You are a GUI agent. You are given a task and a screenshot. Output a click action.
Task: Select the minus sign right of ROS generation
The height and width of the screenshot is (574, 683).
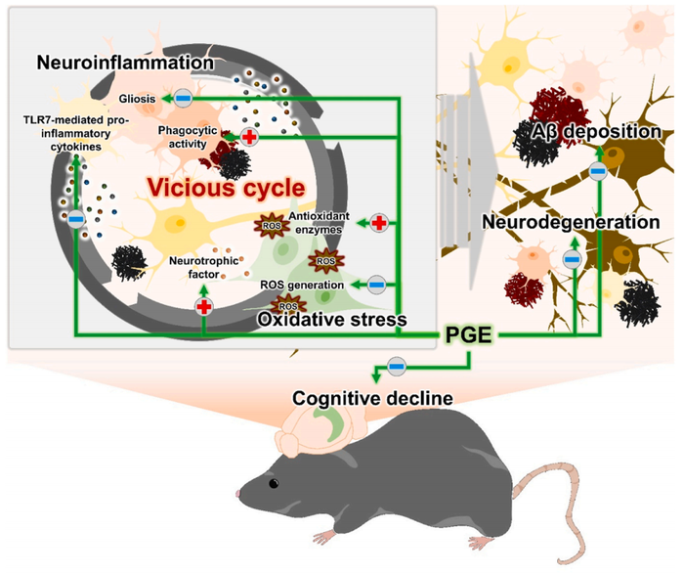[376, 286]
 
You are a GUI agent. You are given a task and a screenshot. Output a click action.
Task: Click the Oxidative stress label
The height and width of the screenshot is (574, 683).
[332, 319]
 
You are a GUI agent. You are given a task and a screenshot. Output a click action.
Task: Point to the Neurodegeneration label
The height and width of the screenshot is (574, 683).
[571, 222]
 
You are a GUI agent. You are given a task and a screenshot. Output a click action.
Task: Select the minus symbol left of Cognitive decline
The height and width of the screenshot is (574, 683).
[397, 367]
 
